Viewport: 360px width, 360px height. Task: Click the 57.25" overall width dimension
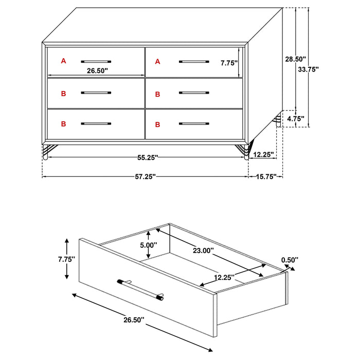pyautogui.click(x=146, y=177)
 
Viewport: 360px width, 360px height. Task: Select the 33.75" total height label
pyautogui.click(x=309, y=69)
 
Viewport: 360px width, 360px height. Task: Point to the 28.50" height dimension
pyautogui.click(x=295, y=59)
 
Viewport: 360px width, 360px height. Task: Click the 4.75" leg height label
pyautogui.click(x=295, y=119)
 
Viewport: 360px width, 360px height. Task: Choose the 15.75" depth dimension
pyautogui.click(x=266, y=177)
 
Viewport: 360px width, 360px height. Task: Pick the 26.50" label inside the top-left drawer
pyautogui.click(x=97, y=71)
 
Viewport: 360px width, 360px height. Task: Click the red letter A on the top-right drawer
pyautogui.click(x=158, y=62)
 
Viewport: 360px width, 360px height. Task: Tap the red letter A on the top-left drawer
pyautogui.click(x=64, y=61)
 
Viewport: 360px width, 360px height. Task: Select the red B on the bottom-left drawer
pyautogui.click(x=64, y=124)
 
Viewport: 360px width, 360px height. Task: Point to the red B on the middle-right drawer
pyautogui.click(x=158, y=94)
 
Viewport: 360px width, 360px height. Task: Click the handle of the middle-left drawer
pyautogui.click(x=96, y=93)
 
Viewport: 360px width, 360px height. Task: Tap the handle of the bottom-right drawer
pyautogui.click(x=194, y=124)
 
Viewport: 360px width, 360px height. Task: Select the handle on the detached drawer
pyautogui.click(x=140, y=289)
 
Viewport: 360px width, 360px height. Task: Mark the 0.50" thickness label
pyautogui.click(x=289, y=260)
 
